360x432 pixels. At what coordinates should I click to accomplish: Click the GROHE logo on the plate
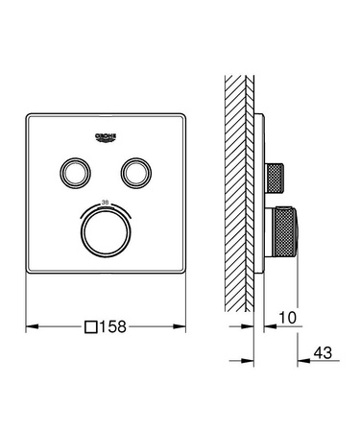click(107, 136)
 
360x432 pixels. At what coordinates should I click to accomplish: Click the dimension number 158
click(113, 325)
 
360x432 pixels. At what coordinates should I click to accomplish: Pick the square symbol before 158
click(91, 325)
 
